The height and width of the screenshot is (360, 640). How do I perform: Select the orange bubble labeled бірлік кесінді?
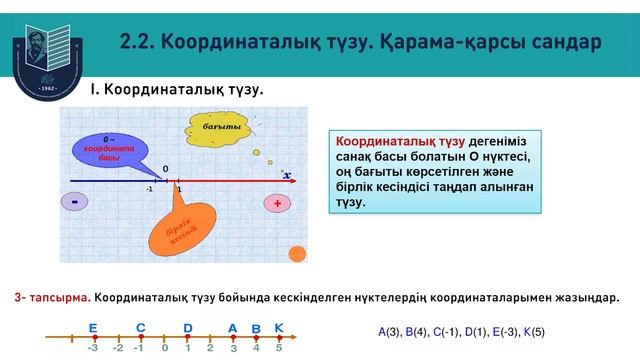(x=179, y=229)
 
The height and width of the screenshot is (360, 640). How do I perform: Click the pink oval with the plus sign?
(x=277, y=203)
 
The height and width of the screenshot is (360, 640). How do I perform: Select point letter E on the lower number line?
(x=93, y=328)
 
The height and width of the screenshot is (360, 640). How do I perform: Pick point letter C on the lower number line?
(x=141, y=328)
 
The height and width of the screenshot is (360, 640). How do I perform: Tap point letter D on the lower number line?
(x=188, y=328)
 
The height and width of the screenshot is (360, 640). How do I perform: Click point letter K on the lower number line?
(x=279, y=328)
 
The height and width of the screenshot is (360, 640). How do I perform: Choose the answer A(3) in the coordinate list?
(x=389, y=331)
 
